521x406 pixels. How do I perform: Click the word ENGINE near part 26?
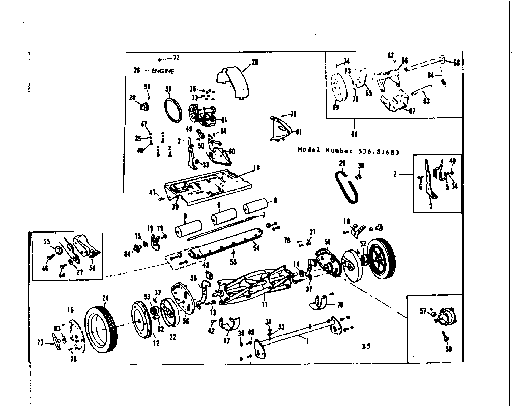(162, 72)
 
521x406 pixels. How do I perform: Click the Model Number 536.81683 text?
(348, 151)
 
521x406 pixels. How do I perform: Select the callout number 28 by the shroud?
(255, 62)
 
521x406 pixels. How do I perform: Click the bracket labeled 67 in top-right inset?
(394, 102)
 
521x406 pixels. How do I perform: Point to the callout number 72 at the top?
(176, 58)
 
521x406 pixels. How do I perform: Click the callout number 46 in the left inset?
(45, 268)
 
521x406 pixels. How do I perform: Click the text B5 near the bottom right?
(365, 347)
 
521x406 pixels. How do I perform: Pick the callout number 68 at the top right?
(456, 63)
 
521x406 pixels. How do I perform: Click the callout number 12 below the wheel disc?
(156, 343)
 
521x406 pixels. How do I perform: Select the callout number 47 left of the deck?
(152, 193)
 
